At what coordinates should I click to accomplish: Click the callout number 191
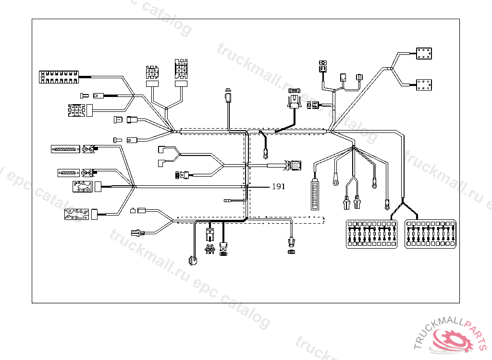(x=278, y=187)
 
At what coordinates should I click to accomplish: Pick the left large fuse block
(x=372, y=234)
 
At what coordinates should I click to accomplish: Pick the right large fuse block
(x=430, y=234)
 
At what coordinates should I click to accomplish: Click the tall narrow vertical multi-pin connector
(x=315, y=194)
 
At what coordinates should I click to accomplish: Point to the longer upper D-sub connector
(x=64, y=149)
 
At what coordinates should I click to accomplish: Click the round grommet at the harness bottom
(x=193, y=261)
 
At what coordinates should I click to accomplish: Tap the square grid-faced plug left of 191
(x=295, y=166)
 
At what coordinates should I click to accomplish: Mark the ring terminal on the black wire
(x=265, y=155)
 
